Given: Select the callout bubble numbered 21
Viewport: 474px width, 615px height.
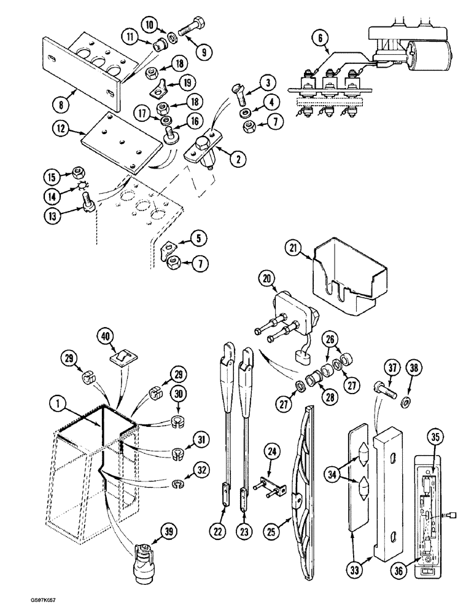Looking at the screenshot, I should click(293, 248).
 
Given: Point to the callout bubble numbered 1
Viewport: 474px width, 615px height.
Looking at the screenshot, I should click(56, 404).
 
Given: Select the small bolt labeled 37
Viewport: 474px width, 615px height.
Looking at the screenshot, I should click(378, 389).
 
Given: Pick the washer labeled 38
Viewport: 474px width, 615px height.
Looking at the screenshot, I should click(408, 402).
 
